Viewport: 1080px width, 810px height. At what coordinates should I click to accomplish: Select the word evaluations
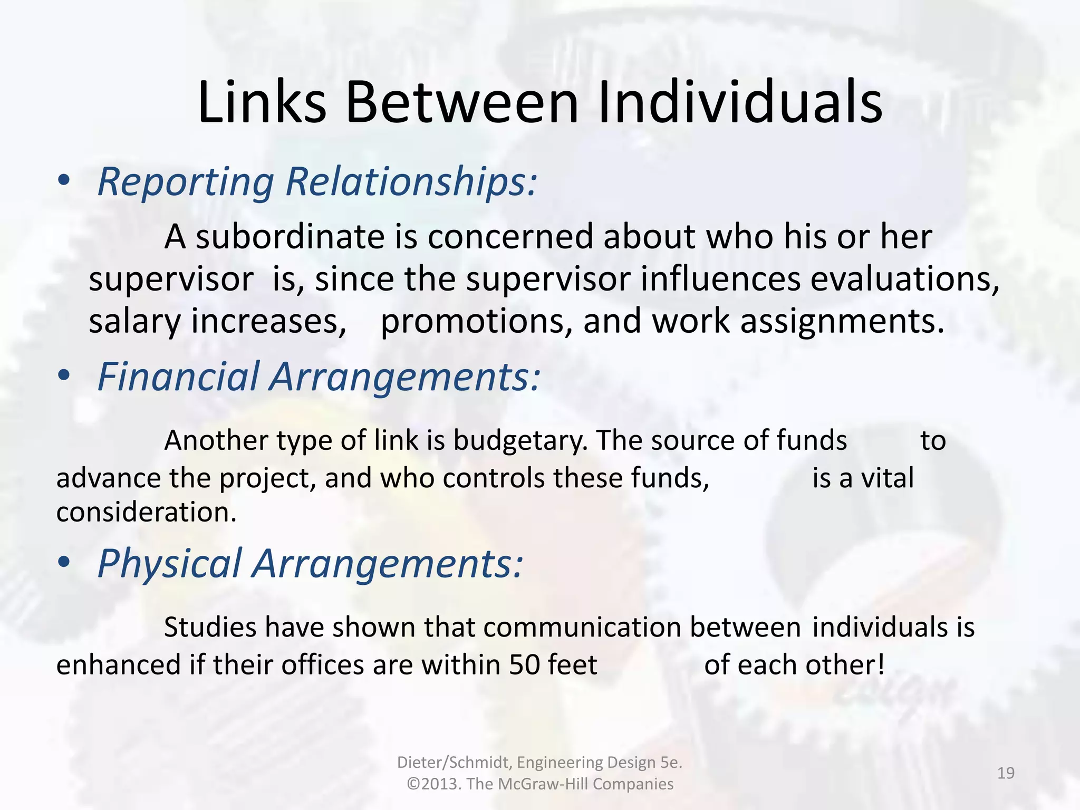pos(904,279)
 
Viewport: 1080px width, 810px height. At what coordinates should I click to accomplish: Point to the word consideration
pos(146,512)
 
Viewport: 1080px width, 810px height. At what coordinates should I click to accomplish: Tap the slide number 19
pos(1006,773)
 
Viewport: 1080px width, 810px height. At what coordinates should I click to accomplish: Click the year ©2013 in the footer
pos(433,784)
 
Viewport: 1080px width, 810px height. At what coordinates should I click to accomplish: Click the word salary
pos(134,321)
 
